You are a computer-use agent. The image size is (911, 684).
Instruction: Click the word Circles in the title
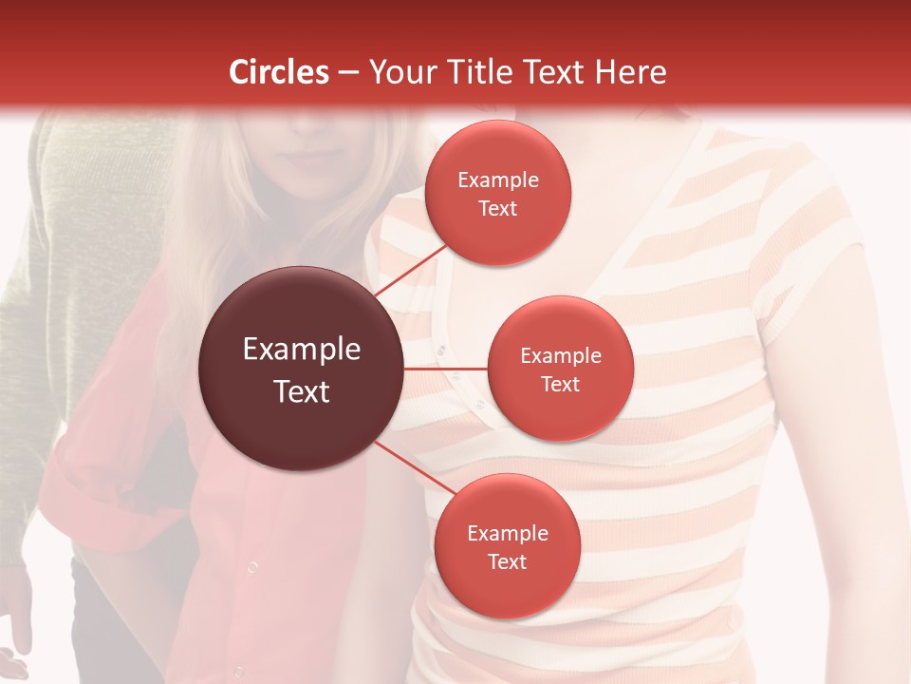click(x=279, y=72)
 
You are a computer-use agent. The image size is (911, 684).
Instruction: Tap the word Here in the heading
click(x=630, y=72)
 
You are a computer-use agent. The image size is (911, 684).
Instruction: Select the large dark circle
click(x=301, y=369)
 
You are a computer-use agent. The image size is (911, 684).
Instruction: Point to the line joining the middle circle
click(x=445, y=369)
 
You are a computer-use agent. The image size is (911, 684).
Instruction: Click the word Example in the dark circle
click(x=301, y=350)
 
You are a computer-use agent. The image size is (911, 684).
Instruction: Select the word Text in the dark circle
click(x=301, y=391)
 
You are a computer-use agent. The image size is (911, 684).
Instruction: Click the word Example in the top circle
click(x=497, y=180)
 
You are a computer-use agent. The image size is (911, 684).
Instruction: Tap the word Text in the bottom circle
click(x=507, y=561)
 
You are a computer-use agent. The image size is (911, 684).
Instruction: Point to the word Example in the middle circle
click(x=560, y=356)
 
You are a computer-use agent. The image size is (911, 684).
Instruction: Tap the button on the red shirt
click(x=252, y=567)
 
